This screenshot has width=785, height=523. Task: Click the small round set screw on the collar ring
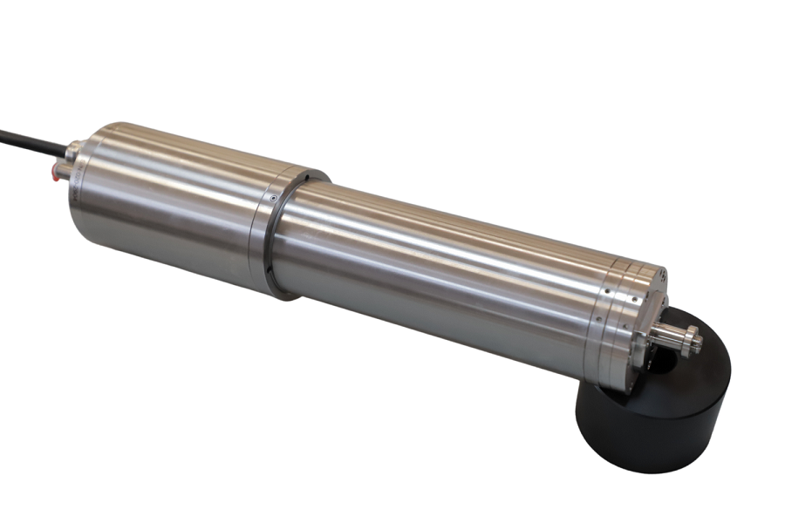(x=274, y=200)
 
